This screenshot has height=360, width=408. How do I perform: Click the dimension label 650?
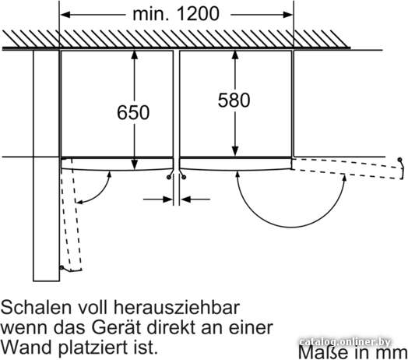pos(133,112)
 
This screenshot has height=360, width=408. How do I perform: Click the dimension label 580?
pos(234,100)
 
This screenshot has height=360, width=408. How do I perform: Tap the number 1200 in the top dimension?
pos(198,14)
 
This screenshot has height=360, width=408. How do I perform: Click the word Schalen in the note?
pos(36,307)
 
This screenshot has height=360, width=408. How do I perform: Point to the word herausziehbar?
pos(177,307)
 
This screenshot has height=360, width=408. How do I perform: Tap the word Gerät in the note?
pos(116,327)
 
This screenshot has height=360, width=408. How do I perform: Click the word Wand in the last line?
pos(26,348)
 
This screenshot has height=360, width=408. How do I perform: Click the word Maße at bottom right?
pos(323,352)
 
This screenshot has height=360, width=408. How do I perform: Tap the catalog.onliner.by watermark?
pos(345,342)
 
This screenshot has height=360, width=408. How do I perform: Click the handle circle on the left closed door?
pos(169,178)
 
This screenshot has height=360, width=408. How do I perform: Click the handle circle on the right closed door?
pos(184,178)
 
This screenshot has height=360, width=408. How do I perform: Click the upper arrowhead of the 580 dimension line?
pos(235,55)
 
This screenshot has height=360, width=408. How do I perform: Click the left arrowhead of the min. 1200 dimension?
pos(65,15)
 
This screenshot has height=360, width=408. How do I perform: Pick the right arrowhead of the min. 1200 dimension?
pos(288,15)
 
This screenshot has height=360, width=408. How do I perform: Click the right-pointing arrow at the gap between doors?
pos(158,199)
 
